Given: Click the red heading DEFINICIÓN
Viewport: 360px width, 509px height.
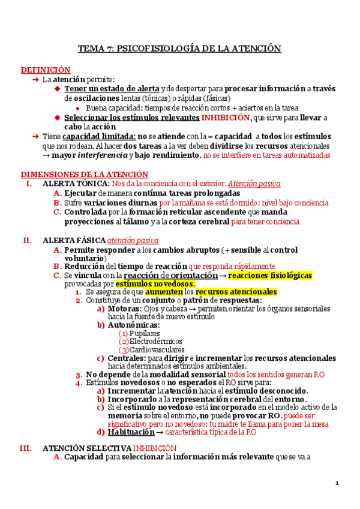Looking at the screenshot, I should click(x=46, y=70).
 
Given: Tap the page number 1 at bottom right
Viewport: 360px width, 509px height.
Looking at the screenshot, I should click(x=337, y=483).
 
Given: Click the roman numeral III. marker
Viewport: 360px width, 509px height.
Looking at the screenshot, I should click(x=25, y=448).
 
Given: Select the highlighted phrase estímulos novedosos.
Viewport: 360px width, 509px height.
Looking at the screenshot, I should click(x=155, y=283).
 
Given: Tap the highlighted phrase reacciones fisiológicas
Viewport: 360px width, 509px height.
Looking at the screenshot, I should click(x=270, y=275).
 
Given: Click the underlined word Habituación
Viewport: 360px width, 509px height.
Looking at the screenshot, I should click(x=130, y=432).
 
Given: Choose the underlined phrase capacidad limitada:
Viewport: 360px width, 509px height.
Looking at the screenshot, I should click(x=100, y=136).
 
